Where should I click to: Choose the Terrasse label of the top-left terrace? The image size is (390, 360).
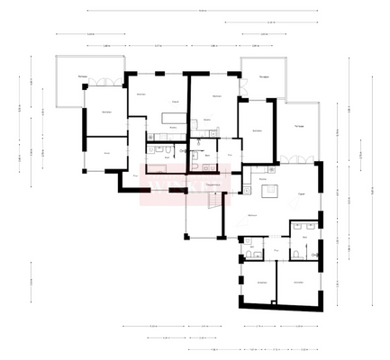tap(82, 78)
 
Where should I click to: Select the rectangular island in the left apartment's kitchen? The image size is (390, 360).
tap(168, 118)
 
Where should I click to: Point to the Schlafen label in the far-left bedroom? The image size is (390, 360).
tap(105, 112)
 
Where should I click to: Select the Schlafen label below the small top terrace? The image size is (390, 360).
tap(258, 131)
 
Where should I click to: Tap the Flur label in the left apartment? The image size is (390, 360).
tap(137, 175)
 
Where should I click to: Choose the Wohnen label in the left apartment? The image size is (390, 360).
tap(141, 94)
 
